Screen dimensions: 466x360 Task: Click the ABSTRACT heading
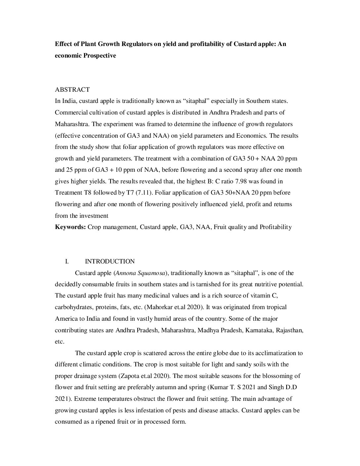click(72, 90)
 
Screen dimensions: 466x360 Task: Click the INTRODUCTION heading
click(110, 261)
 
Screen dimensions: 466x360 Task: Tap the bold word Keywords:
click(70, 227)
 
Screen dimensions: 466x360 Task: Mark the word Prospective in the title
click(99, 56)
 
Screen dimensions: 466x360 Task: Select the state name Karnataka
click(259, 330)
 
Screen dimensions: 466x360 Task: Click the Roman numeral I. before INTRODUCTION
click(67, 261)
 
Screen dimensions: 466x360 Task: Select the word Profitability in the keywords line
click(276, 227)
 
